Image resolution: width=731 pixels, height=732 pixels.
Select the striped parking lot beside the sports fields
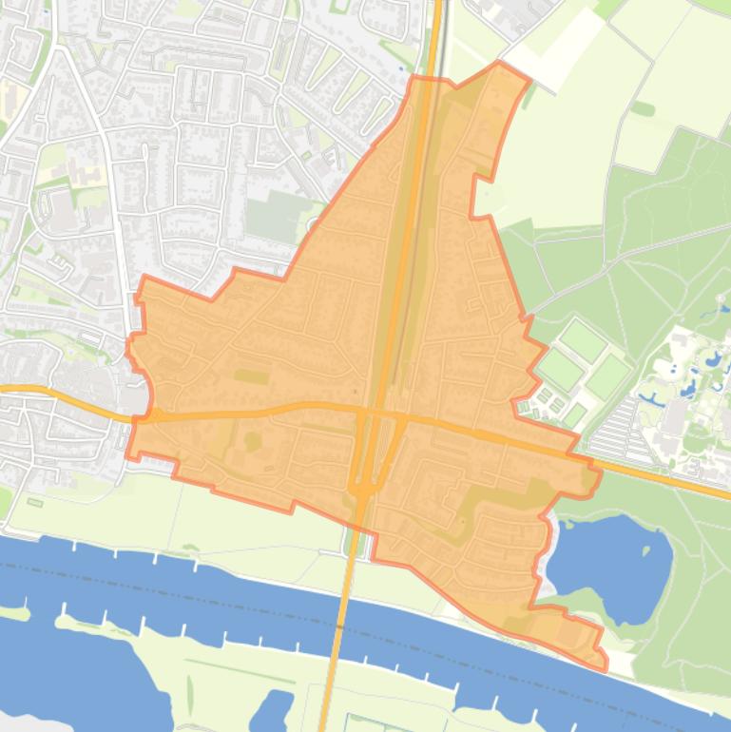[x=613, y=433]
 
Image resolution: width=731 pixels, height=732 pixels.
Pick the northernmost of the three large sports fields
[x=582, y=340]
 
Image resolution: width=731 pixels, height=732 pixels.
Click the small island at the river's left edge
[x=13, y=613]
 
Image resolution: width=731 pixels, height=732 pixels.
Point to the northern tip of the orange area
[x=500, y=64]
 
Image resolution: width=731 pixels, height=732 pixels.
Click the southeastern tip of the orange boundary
[x=603, y=665]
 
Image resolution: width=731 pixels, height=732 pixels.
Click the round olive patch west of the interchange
[x=253, y=441]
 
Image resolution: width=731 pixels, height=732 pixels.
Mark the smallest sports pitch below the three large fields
[x=574, y=415]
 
